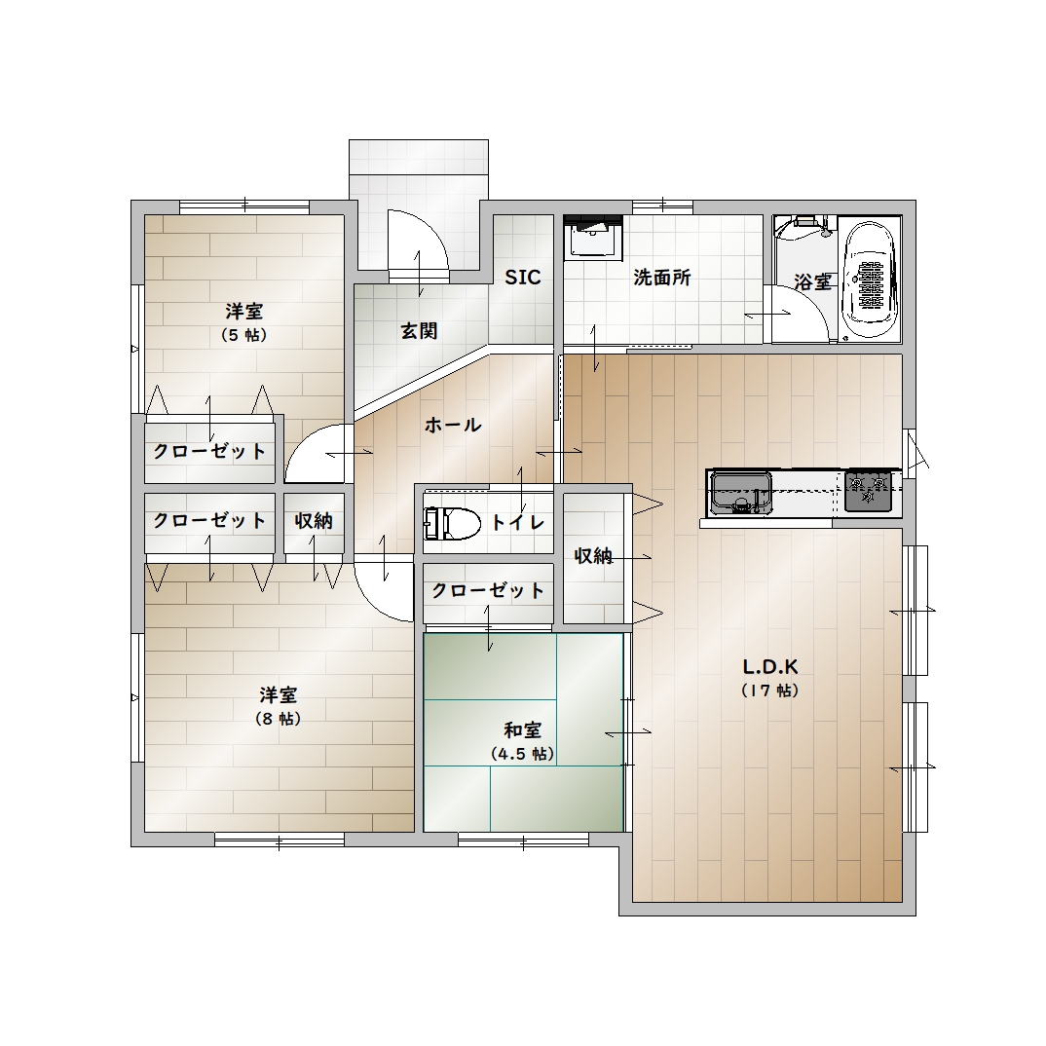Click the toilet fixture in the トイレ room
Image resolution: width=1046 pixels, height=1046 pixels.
coord(452,523)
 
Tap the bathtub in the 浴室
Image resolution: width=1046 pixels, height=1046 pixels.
coord(869,279)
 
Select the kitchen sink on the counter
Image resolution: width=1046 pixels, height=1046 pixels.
coord(740,493)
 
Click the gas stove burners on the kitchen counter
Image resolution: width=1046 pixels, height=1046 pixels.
coord(868,491)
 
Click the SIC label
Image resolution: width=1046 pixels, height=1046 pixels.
coord(522,278)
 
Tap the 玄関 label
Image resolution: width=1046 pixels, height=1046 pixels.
coord(419,330)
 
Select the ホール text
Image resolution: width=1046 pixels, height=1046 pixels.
coord(453,425)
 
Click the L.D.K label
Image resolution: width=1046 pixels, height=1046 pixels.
coord(770,666)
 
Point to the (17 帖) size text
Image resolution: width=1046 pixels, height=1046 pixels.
coord(770,691)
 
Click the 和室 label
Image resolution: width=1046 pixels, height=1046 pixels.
coord(522,729)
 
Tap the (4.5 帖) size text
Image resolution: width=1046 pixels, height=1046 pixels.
coord(522,754)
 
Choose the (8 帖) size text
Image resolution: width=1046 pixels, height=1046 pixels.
coord(279,719)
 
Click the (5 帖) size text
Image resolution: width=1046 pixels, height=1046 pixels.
coord(244,335)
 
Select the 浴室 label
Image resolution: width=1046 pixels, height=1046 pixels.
coord(812,282)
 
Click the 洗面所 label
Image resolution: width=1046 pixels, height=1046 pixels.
coord(661,278)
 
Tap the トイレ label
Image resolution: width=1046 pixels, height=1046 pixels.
coord(518,522)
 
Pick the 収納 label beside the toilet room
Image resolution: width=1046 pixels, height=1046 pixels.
coord(593,555)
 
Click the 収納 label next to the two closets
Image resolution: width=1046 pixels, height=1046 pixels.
coord(314,521)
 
